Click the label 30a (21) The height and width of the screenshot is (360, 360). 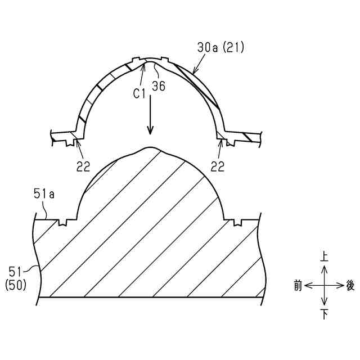(x=220, y=48)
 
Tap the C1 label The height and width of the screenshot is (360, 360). (x=139, y=94)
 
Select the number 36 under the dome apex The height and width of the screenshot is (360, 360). (x=159, y=86)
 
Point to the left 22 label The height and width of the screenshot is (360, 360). (x=83, y=166)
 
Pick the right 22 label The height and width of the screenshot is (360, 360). (x=218, y=166)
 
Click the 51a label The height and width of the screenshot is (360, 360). (x=44, y=193)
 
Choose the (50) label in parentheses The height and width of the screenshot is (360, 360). (x=16, y=286)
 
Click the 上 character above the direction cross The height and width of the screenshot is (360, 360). (x=324, y=256)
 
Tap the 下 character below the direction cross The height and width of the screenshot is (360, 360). (x=324, y=314)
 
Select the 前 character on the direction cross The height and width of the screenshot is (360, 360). (x=298, y=286)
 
